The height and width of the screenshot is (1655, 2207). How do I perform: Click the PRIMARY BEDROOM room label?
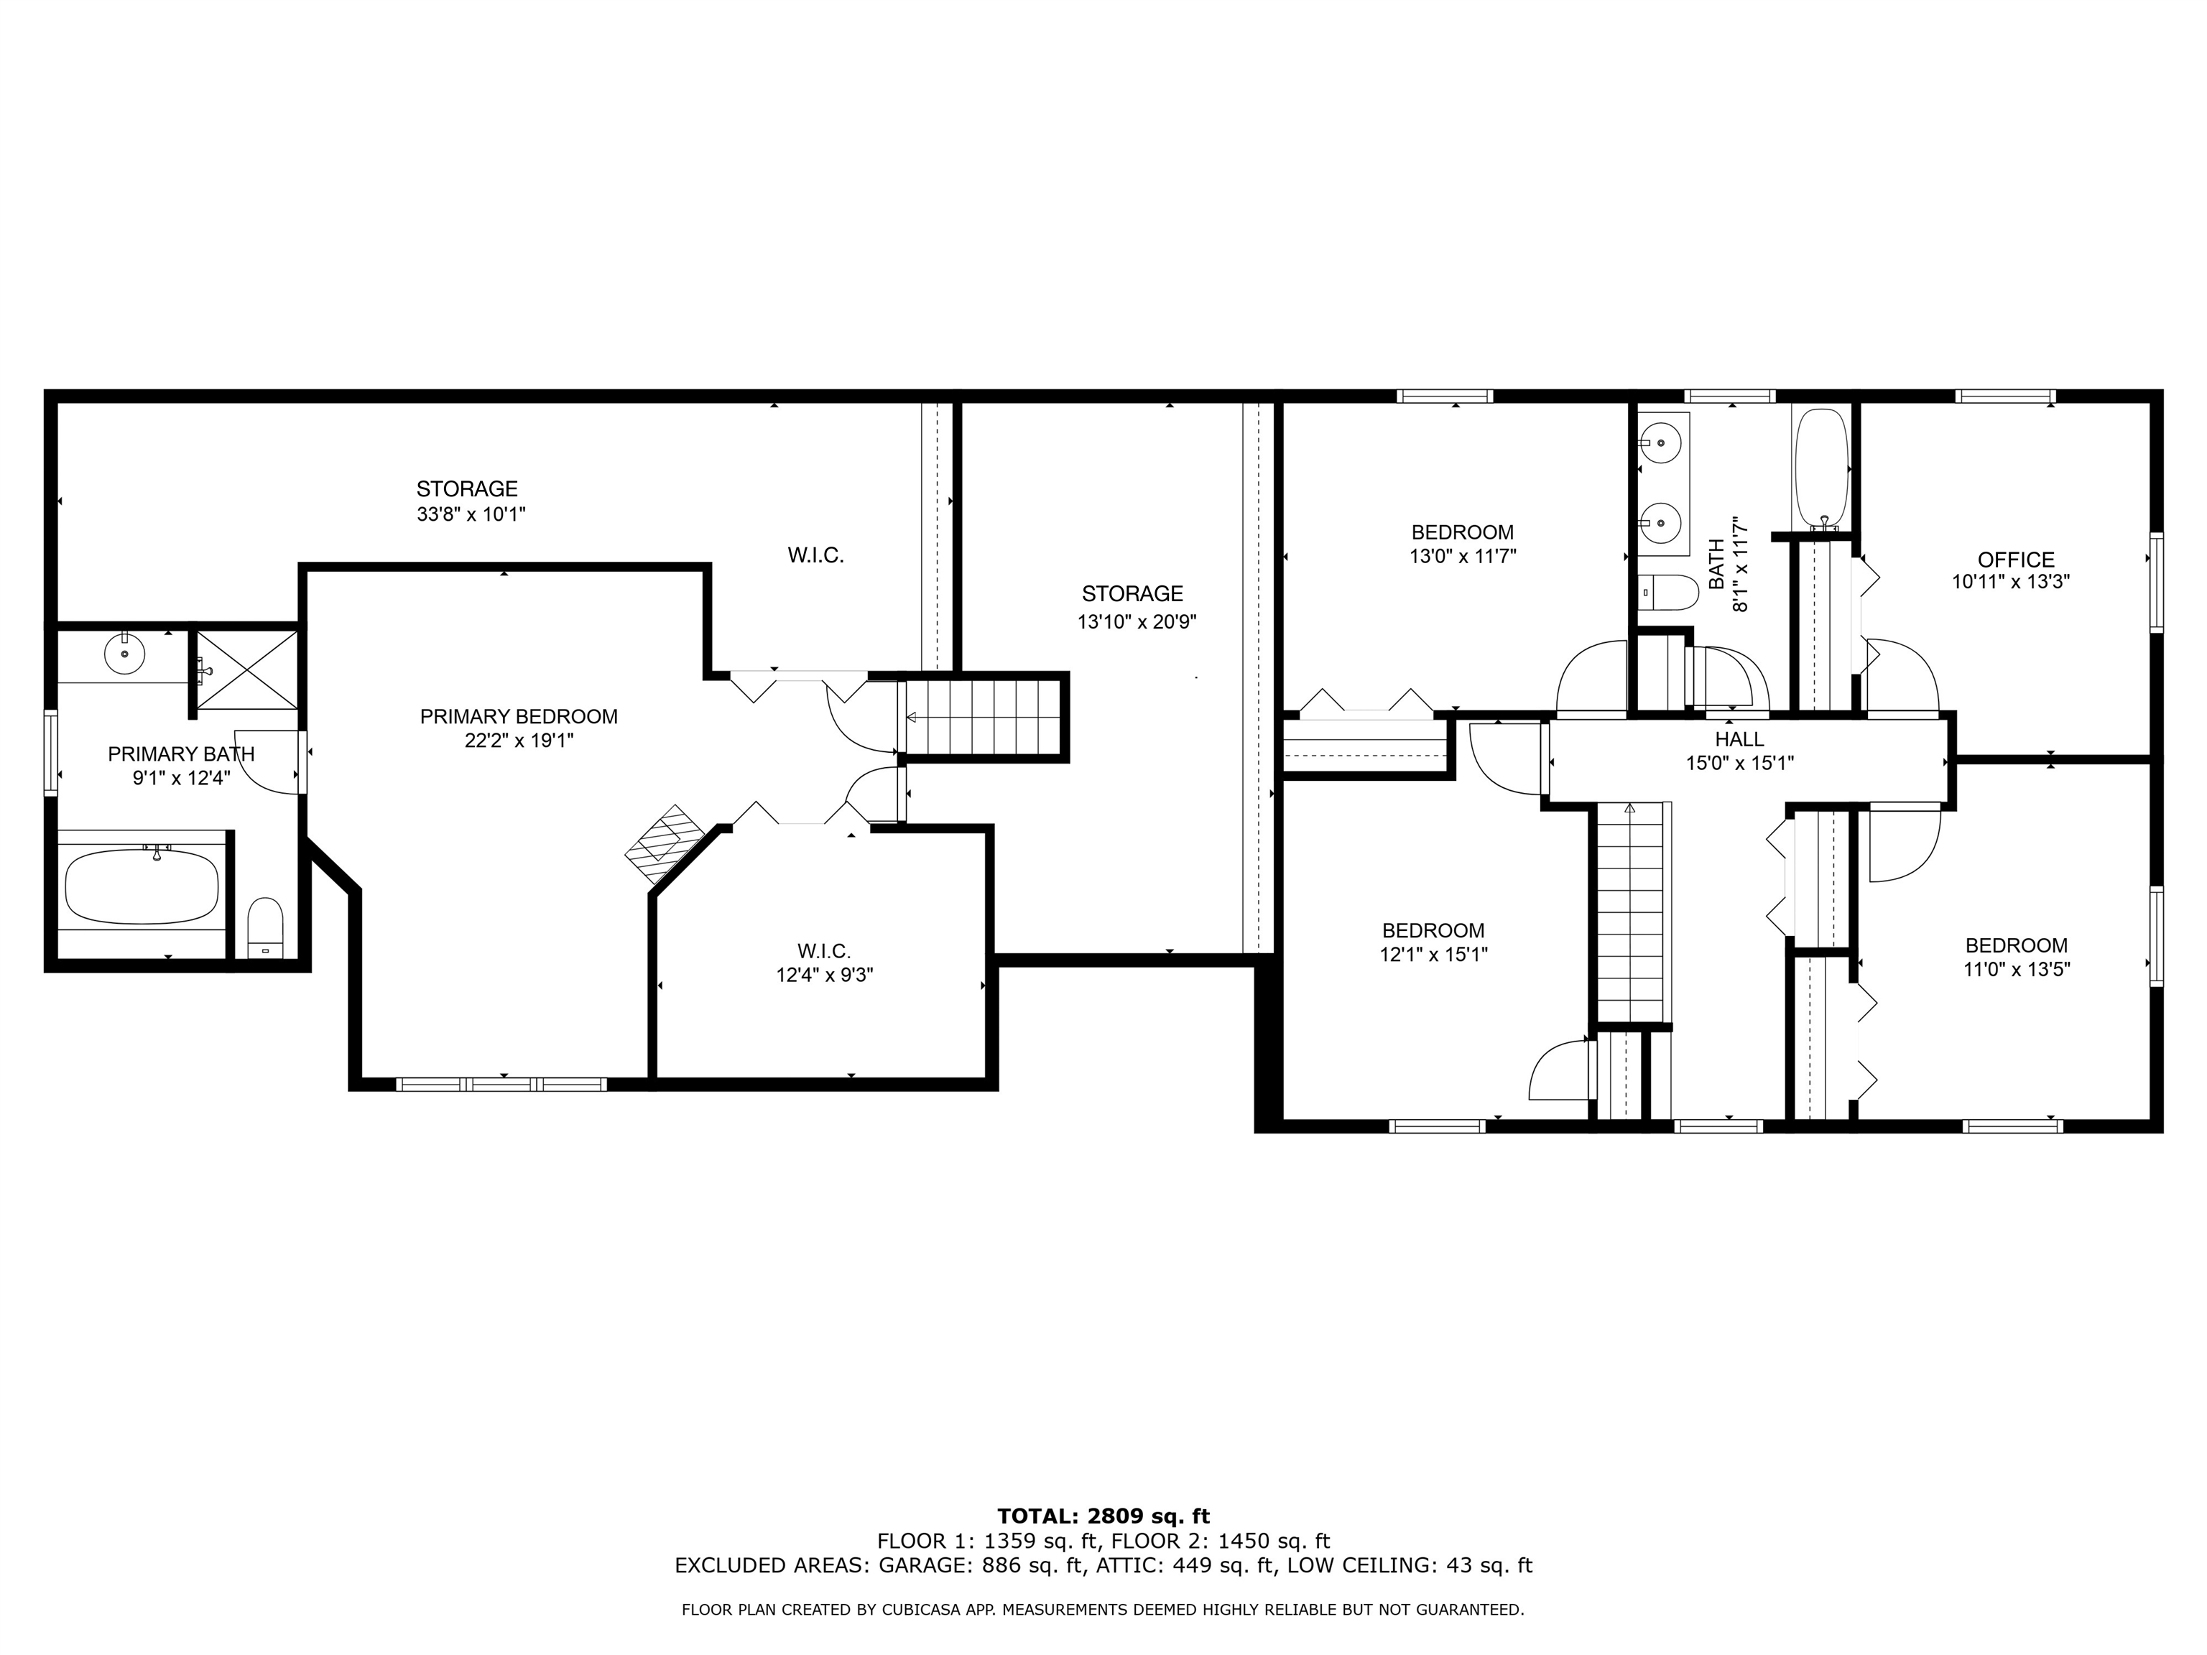click(518, 716)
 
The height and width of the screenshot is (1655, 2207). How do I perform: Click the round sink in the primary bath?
click(125, 654)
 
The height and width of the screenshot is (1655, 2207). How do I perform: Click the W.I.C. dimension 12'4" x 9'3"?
click(824, 975)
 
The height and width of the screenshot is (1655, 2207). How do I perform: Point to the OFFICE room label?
click(2015, 560)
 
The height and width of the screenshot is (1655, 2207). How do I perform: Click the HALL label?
click(1739, 739)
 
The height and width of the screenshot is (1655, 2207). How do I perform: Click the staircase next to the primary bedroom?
click(984, 718)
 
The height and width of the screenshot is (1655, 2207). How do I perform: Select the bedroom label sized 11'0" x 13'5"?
click(2015, 946)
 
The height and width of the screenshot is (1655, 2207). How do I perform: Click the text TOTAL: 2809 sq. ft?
click(1103, 1517)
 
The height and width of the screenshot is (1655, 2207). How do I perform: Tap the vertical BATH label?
click(1716, 565)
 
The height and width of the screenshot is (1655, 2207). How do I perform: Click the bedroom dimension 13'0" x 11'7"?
click(1462, 557)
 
